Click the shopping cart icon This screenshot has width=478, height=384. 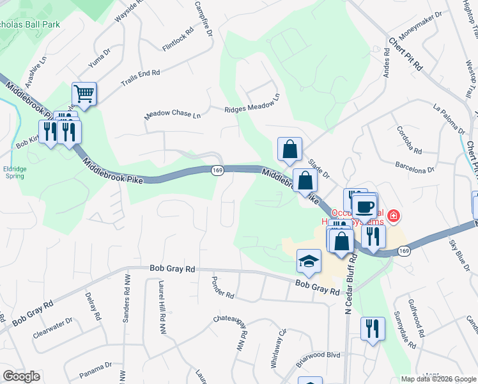pos(84,94)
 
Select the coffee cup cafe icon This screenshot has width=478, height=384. pos(365,207)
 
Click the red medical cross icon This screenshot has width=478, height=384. pos(394,216)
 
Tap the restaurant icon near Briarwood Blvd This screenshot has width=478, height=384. pos(372,329)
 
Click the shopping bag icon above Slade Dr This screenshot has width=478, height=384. pos(289,149)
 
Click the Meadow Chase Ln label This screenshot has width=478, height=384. pos(173,114)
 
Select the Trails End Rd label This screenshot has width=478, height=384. pos(140,77)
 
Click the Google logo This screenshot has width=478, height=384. pos(22,376)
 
